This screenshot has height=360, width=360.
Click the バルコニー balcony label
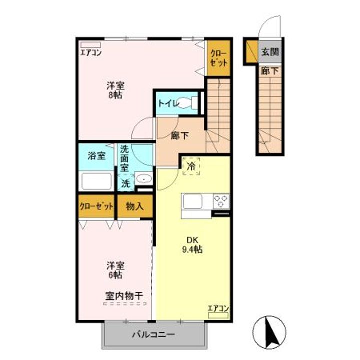[153, 335]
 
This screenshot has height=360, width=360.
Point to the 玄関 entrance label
[270, 52]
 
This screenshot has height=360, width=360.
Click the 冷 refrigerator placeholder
[191, 167]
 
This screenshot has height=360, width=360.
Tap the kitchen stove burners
[221, 201]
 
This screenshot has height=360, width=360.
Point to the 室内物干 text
[124, 296]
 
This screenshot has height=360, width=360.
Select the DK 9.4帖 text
[192, 244]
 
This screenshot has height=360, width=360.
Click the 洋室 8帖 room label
[115, 89]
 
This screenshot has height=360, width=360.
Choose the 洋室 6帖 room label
[115, 269]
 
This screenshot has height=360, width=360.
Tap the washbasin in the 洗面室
[144, 179]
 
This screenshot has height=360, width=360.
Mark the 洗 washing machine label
[126, 183]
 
